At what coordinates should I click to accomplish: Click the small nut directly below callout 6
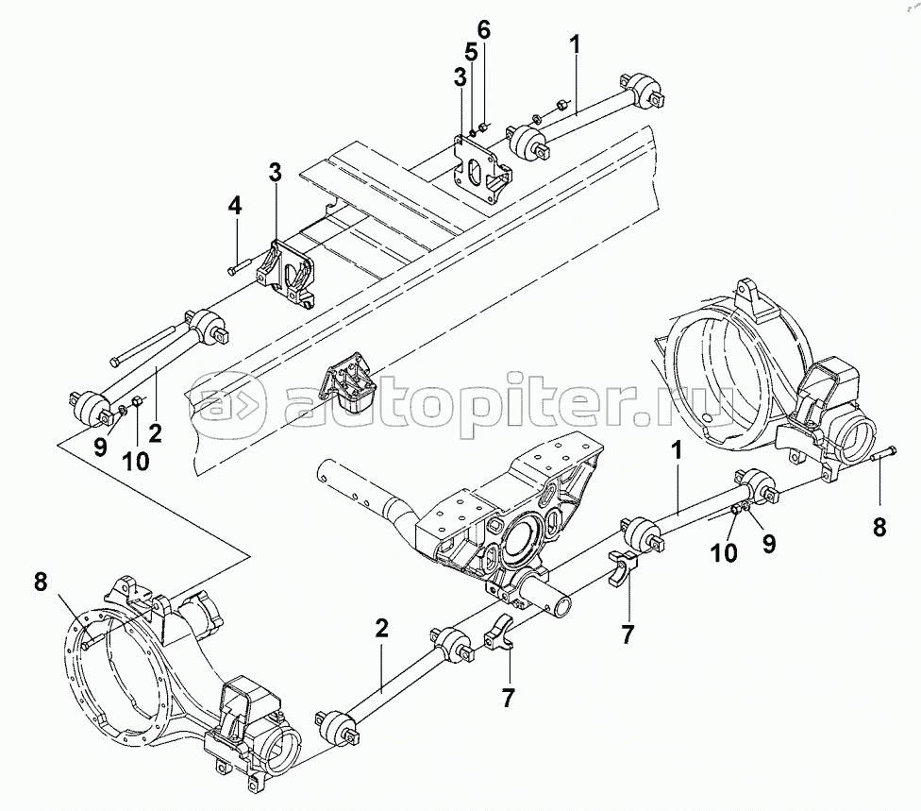tap(483, 126)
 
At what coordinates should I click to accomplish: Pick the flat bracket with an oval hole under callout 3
tap(480, 167)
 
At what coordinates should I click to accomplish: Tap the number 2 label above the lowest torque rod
tap(381, 630)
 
